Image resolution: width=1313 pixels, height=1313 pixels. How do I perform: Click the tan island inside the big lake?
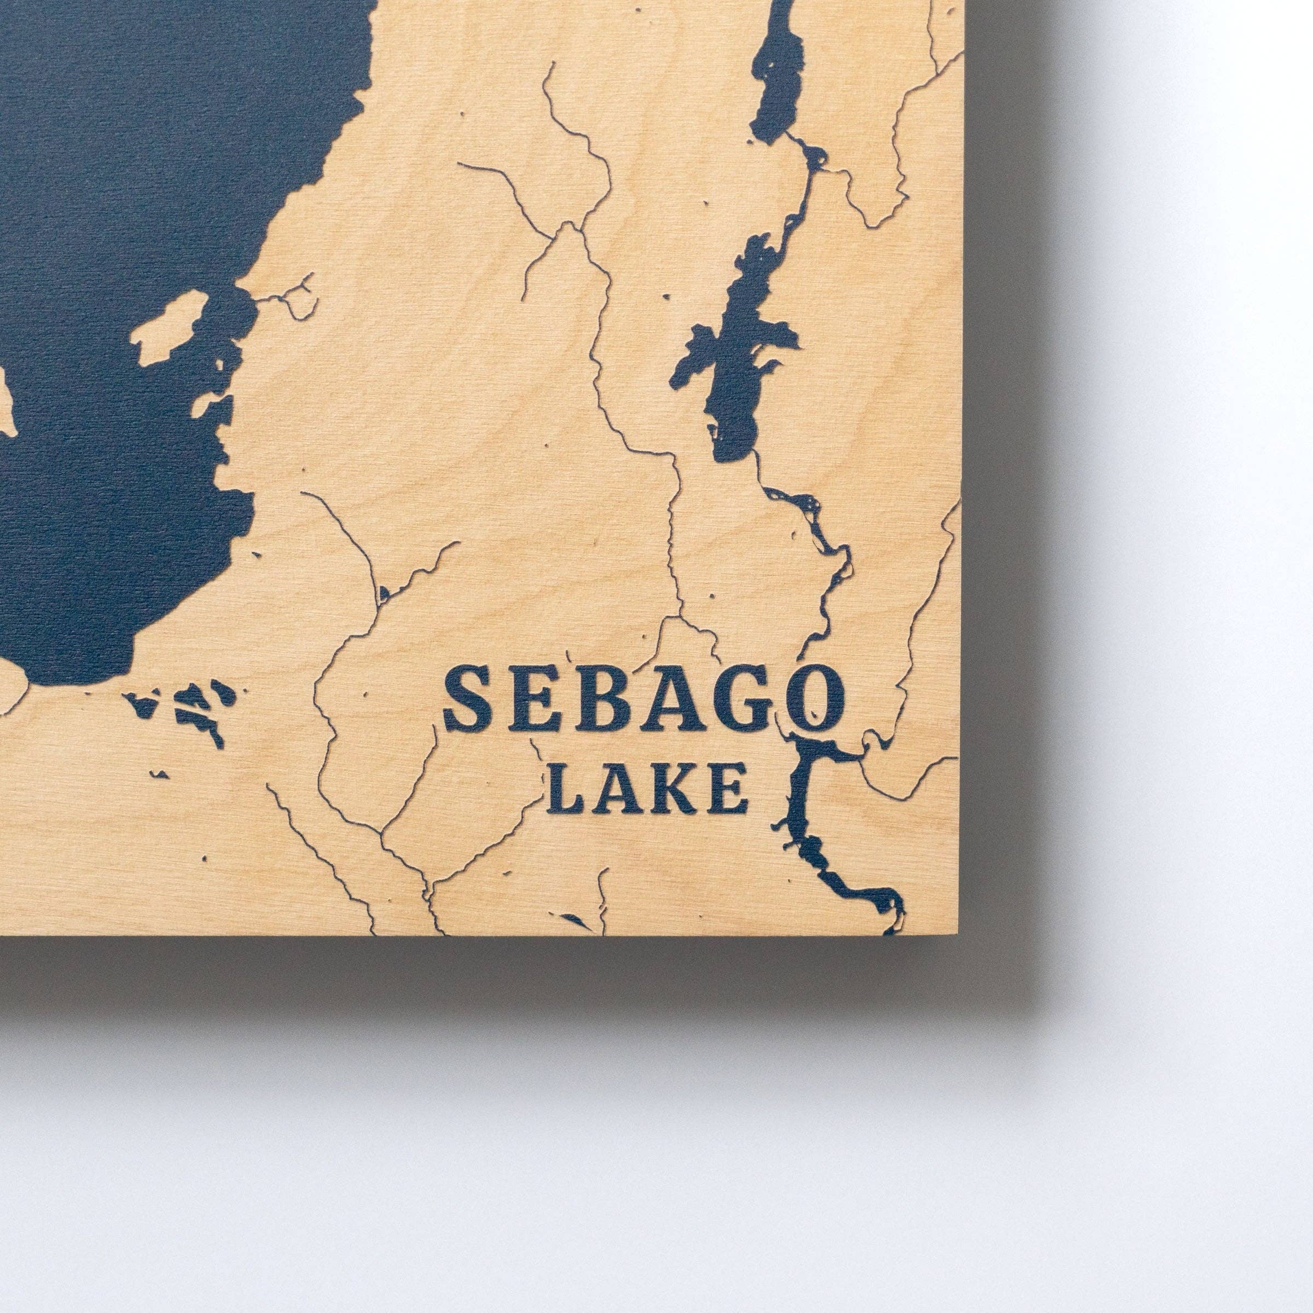[169, 326]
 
